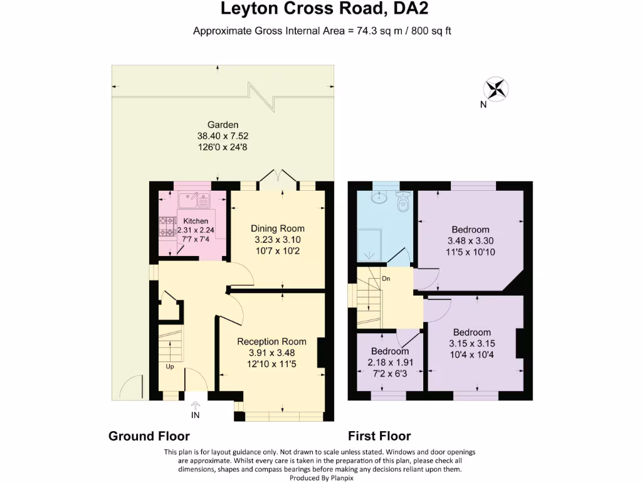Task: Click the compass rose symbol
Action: pyautogui.click(x=497, y=88)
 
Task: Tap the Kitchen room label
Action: pyautogui.click(x=196, y=221)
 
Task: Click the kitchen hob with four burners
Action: pyautogui.click(x=168, y=227)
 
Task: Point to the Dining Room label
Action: pyautogui.click(x=278, y=228)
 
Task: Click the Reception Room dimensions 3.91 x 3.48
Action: pyautogui.click(x=271, y=353)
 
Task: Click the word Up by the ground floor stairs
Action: pyautogui.click(x=170, y=367)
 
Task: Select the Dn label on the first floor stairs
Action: pyautogui.click(x=387, y=279)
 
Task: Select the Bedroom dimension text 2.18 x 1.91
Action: pyautogui.click(x=389, y=362)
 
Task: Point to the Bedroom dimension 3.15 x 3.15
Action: pyautogui.click(x=472, y=343)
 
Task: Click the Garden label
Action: pyautogui.click(x=224, y=124)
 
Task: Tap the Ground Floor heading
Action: pyautogui.click(x=149, y=436)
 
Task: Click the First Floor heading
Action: pyautogui.click(x=379, y=436)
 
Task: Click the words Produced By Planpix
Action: pyautogui.click(x=321, y=477)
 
